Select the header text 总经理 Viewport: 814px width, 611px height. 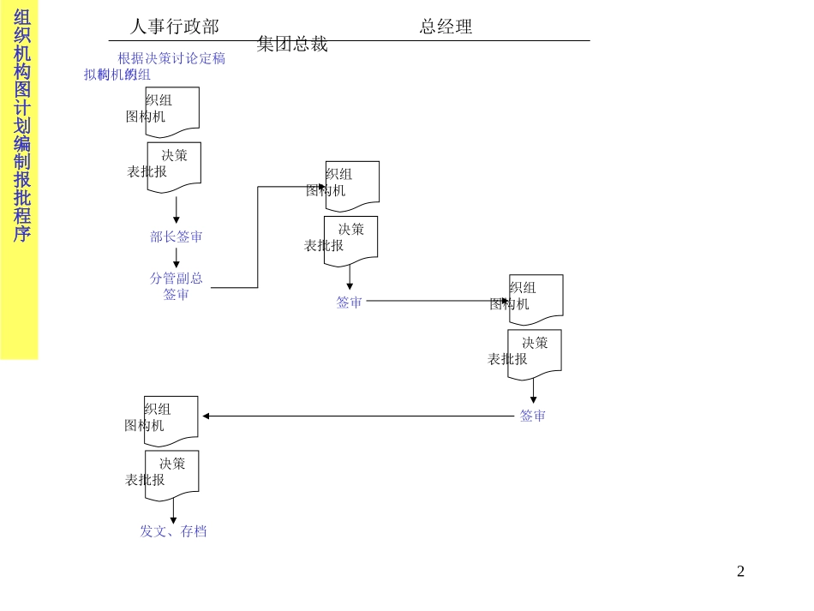coord(446,27)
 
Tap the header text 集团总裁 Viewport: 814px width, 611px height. coord(292,45)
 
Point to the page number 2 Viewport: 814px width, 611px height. coord(740,572)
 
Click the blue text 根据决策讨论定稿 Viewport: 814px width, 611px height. coord(171,58)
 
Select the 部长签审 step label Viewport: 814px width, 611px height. coord(177,237)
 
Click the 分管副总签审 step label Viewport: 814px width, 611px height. coord(177,286)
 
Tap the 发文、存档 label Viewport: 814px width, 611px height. coord(173,531)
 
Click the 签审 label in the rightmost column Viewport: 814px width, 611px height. coord(533,416)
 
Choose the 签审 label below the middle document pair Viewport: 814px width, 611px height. coord(350,302)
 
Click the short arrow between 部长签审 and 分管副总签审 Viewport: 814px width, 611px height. coord(177,257)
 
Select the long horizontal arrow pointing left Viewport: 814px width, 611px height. coord(360,416)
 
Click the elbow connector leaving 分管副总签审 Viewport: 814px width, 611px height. coord(258,240)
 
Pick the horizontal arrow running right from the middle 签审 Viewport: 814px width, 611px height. coord(437,301)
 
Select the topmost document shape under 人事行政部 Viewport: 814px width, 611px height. coord(172,111)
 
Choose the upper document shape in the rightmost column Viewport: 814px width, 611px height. coord(536,299)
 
